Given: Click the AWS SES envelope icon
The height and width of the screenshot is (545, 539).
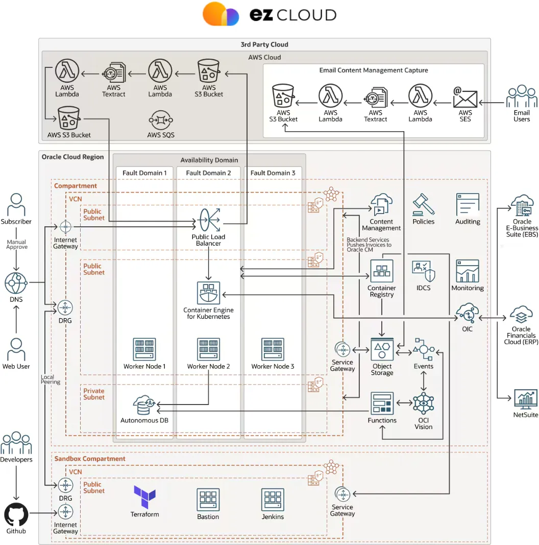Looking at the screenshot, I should click(x=465, y=97).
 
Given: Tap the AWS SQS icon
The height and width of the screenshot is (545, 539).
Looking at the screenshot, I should click(x=161, y=121).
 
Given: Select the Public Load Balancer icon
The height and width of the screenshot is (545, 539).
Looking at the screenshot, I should click(x=208, y=221).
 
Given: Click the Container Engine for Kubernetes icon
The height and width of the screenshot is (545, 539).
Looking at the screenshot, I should click(x=208, y=293).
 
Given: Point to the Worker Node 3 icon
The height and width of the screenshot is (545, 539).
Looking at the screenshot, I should click(x=273, y=349).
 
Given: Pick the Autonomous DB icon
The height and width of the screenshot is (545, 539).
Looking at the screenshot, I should click(x=144, y=405).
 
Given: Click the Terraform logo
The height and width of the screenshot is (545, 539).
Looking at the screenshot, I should click(x=144, y=496).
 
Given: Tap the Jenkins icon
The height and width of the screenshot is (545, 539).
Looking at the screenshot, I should click(x=273, y=500).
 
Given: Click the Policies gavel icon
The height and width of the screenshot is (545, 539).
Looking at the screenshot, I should click(x=423, y=205).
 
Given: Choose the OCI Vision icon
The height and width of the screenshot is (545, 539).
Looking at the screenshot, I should click(x=423, y=404).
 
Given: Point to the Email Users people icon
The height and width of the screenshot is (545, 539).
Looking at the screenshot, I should click(x=522, y=97).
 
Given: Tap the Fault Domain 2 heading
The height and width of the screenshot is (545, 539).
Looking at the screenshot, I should click(x=208, y=173).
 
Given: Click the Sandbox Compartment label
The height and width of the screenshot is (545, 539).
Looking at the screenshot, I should click(x=90, y=459).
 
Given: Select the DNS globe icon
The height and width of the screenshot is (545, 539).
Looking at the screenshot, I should click(x=16, y=283).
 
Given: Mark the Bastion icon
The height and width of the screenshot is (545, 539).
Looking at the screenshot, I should click(x=208, y=500).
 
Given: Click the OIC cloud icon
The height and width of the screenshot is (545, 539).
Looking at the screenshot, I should click(x=467, y=313).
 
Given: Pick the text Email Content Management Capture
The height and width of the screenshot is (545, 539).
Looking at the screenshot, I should click(x=374, y=70).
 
